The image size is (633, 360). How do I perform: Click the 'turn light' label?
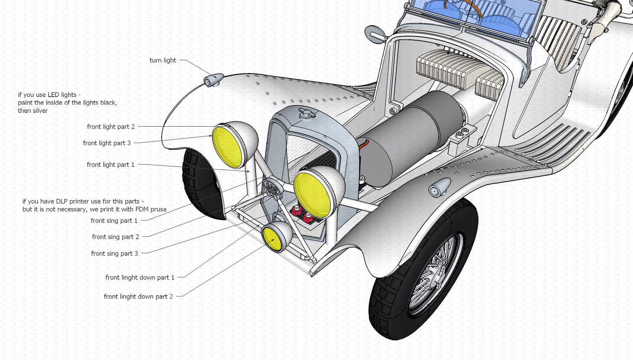[x=163, y=60]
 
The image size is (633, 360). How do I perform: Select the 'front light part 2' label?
[x=111, y=127]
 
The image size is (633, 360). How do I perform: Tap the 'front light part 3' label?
[x=107, y=143]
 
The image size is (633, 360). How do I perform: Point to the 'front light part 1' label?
[x=110, y=165]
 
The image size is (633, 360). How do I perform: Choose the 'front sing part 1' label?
[x=114, y=221]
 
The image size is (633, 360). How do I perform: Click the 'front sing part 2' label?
[x=115, y=237]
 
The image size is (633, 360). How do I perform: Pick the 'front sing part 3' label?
[x=114, y=254]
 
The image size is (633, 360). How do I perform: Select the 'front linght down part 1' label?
[x=140, y=278]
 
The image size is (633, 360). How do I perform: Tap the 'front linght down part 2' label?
[x=138, y=297]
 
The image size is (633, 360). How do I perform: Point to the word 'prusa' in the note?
[x=158, y=209]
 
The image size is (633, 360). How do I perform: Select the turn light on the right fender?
[x=439, y=188]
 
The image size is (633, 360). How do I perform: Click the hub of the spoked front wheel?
[x=437, y=276]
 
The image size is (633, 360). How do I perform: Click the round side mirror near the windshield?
[x=374, y=32]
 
